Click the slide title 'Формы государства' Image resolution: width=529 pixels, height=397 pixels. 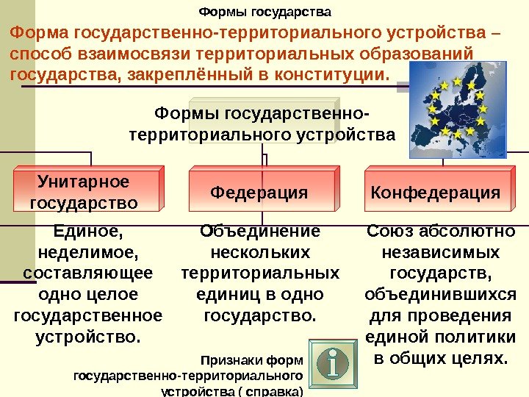pos(265,12)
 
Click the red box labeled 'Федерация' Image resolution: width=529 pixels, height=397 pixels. pos(259,193)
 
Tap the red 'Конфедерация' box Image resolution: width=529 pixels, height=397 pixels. pos(436,193)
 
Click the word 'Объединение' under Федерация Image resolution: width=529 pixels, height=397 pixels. pos(260,232)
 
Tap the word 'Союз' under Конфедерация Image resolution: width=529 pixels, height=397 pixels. pos(391,232)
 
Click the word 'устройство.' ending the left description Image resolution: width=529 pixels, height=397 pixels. pos(87,337)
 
